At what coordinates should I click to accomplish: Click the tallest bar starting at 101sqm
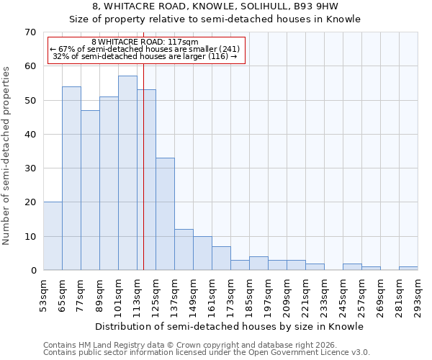pyautogui.click(x=127, y=173)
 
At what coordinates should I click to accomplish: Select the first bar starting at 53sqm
pyautogui.click(x=53, y=236)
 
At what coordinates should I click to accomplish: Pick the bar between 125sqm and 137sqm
pyautogui.click(x=165, y=214)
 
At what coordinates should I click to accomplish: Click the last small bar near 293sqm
pyautogui.click(x=408, y=269)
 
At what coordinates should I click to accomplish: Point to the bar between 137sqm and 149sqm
pyautogui.click(x=184, y=250)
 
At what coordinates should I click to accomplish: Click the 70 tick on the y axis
pyautogui.click(x=30, y=32)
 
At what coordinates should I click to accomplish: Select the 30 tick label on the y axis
pyautogui.click(x=30, y=168)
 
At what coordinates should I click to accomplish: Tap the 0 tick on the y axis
pyautogui.click(x=33, y=271)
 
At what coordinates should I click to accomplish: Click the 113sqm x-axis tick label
pyautogui.click(x=138, y=296)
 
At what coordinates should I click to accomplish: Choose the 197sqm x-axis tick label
pyautogui.click(x=269, y=296)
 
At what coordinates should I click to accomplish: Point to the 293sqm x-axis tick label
pyautogui.click(x=418, y=296)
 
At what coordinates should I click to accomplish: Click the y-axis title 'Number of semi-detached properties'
pyautogui.click(x=7, y=156)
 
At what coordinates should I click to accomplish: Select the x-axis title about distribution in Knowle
pyautogui.click(x=230, y=327)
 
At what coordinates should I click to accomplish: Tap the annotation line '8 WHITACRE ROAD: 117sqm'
pyautogui.click(x=145, y=42)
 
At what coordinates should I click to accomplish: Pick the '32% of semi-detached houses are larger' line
pyautogui.click(x=145, y=56)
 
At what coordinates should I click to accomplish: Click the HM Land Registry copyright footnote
pyautogui.click(x=185, y=345)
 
